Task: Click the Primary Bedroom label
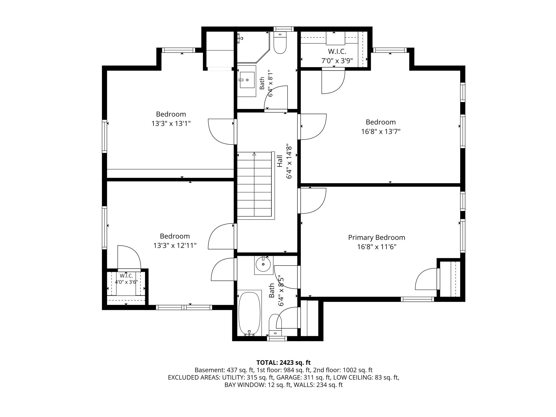pyautogui.click(x=376, y=238)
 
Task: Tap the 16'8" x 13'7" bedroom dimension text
pyautogui.click(x=381, y=131)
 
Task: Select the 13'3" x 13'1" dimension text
pyautogui.click(x=171, y=124)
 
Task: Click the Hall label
pyautogui.click(x=280, y=161)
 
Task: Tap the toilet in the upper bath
pyautogui.click(x=280, y=43)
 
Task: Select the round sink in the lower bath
pyautogui.click(x=263, y=264)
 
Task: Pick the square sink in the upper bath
pyautogui.click(x=247, y=80)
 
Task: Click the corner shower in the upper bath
pyautogui.click(x=253, y=47)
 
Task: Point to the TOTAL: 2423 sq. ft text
pyautogui.click(x=283, y=363)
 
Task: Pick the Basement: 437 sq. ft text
pyautogui.click(x=224, y=370)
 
